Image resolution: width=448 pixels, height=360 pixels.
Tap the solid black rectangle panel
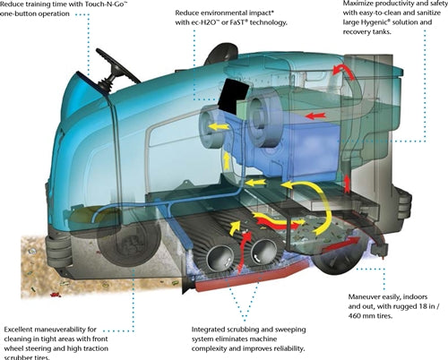click(x=234, y=95)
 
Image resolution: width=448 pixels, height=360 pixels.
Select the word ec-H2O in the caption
click(x=205, y=22)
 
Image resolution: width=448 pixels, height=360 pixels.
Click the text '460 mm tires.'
click(x=370, y=315)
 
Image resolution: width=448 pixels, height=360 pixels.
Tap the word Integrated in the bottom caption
click(x=208, y=330)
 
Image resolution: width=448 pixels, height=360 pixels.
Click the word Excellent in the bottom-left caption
click(x=18, y=330)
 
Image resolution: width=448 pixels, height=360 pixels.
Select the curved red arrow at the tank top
click(x=343, y=72)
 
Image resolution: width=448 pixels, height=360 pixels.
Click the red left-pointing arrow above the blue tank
click(x=315, y=116)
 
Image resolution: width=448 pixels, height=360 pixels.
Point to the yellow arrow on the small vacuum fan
click(x=218, y=127)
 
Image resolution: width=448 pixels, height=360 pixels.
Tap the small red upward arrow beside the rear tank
click(x=347, y=184)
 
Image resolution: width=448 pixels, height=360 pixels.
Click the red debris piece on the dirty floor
click(x=56, y=295)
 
